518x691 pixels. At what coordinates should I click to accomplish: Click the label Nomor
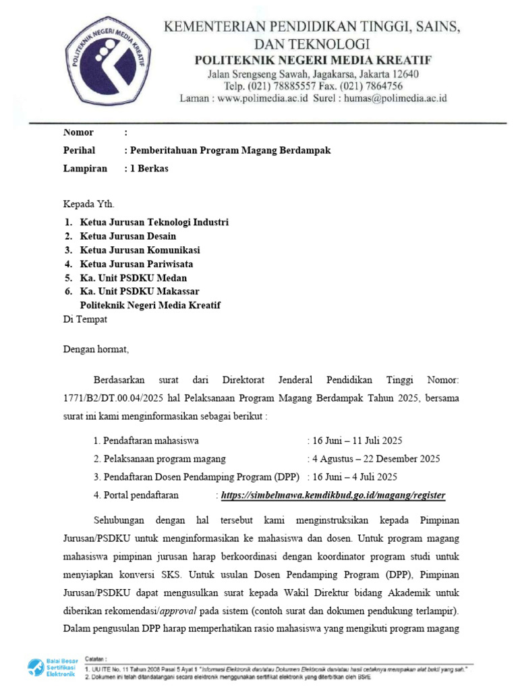(78, 132)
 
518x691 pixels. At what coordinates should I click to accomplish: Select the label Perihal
(80, 150)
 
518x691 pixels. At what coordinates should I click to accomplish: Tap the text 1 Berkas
(147, 169)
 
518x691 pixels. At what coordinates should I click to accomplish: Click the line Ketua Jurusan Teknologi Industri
(154, 222)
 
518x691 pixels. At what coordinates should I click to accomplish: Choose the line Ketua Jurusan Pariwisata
(141, 264)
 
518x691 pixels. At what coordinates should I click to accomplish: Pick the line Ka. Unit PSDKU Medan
(134, 278)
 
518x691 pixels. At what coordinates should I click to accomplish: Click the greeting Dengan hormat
(95, 350)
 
